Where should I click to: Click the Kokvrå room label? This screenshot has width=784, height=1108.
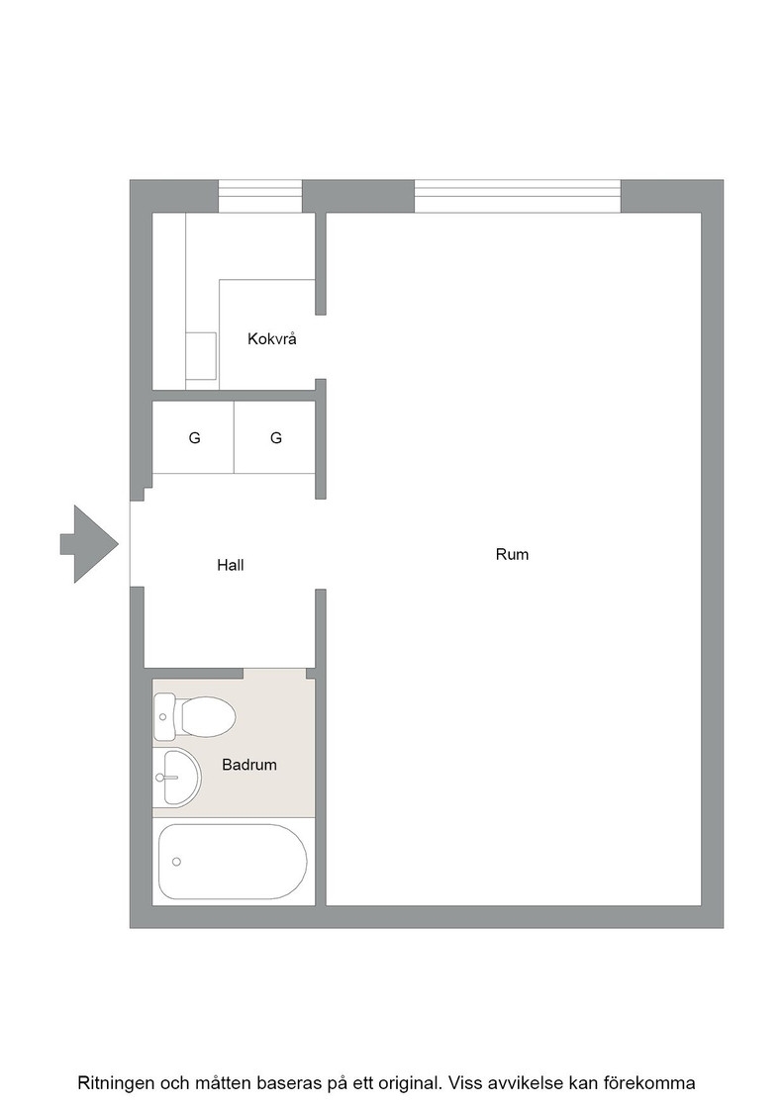tap(271, 339)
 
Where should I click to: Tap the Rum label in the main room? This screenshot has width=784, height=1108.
tap(512, 555)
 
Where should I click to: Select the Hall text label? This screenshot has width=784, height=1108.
tap(231, 565)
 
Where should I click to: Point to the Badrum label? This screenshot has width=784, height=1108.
tap(248, 765)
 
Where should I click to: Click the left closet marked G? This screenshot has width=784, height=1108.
tap(194, 438)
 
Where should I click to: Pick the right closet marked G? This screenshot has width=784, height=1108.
tap(276, 438)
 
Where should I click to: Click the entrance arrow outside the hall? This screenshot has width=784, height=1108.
tap(88, 544)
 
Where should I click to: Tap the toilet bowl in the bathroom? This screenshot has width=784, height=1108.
tap(208, 716)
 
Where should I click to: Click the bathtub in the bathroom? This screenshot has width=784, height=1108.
tap(233, 862)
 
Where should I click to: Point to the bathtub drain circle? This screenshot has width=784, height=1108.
tap(177, 862)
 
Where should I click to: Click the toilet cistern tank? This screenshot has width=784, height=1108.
tap(164, 717)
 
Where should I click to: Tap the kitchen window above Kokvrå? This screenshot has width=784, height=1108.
tap(260, 197)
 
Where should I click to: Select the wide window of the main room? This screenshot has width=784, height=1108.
tap(518, 197)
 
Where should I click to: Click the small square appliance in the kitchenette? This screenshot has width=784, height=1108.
tap(202, 356)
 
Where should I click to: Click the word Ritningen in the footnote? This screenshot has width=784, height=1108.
tap(115, 1083)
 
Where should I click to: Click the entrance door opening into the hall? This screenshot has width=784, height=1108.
tap(137, 544)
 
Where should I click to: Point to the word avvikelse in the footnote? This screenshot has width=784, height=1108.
tap(518, 1083)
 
